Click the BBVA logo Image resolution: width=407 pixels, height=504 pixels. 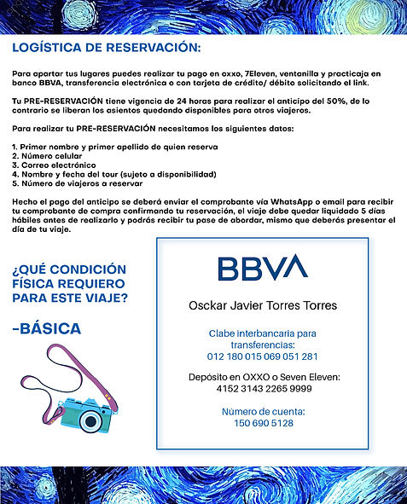[x=262, y=268]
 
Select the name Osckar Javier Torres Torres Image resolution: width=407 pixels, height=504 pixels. [x=263, y=305]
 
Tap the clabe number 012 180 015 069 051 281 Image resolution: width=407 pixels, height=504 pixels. [x=263, y=356]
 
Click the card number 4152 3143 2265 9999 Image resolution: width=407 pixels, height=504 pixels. [x=263, y=389]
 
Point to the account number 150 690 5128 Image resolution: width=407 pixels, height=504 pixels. [x=263, y=423]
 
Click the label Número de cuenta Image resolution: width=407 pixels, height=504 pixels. [x=263, y=411]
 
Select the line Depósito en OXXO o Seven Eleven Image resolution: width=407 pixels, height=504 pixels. [x=263, y=377]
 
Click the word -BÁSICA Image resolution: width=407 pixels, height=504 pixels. [x=47, y=328]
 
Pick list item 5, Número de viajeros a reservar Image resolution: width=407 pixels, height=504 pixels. [x=77, y=182]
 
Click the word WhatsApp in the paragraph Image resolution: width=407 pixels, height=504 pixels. [x=258, y=197]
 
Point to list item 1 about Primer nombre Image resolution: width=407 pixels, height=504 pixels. [x=114, y=147]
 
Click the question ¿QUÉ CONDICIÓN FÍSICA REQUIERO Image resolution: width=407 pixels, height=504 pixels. [x=69, y=275]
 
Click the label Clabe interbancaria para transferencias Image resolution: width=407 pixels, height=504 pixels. [x=263, y=339]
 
